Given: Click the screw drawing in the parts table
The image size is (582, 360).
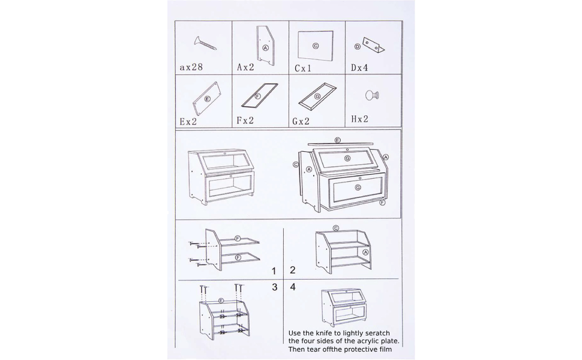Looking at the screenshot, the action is click(205, 43).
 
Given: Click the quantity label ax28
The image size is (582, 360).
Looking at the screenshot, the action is click(191, 67).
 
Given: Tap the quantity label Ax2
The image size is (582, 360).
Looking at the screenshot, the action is click(246, 67).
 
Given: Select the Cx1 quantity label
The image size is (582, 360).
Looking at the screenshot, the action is click(303, 68).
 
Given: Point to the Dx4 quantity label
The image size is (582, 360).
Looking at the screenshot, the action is click(359, 68).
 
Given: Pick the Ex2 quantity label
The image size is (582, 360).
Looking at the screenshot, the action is click(188, 121).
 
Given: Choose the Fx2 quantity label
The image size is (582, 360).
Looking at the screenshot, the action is click(245, 120).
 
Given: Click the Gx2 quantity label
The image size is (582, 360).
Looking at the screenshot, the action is click(301, 121).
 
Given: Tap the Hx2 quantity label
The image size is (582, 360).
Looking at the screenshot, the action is click(359, 119).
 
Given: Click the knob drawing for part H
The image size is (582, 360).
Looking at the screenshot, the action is click(372, 95).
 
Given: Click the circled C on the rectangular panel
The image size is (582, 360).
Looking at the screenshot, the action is click(316, 46).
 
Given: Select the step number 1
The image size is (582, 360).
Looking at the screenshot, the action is click(274, 271).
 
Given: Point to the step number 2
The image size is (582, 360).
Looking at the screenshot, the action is click(292, 270).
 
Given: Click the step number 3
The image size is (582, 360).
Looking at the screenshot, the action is click(275, 287).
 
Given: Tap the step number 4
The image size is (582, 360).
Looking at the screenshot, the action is click(293, 287).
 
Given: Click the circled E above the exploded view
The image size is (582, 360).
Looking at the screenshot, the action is click(337, 140).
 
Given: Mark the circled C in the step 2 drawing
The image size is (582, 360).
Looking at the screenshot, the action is click(336, 228).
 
